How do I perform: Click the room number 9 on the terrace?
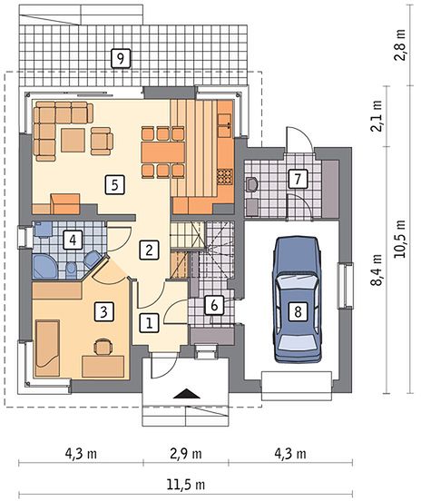pos(121,58)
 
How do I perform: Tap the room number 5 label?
pos(114,184)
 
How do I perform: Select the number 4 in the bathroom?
pos(73,240)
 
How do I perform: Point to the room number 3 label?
pos(103,311)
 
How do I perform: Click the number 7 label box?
pos(298,179)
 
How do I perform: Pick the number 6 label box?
pos(214,305)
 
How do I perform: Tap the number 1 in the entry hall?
pos(149,323)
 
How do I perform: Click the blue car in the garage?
pos(297,300)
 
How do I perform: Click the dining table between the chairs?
pos(163,152)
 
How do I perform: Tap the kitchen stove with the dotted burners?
pos(225,177)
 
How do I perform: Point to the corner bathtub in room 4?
pos(45,266)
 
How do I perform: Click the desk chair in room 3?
pos(103,347)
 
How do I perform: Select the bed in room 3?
pos(47,348)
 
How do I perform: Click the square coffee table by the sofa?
pos(73,140)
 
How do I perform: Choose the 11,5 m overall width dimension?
pos(186,485)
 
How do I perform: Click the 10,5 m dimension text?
pos(399,239)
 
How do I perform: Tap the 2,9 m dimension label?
pos(186,454)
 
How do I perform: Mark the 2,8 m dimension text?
pos(399,45)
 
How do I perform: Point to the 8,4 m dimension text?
pos(377,270)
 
